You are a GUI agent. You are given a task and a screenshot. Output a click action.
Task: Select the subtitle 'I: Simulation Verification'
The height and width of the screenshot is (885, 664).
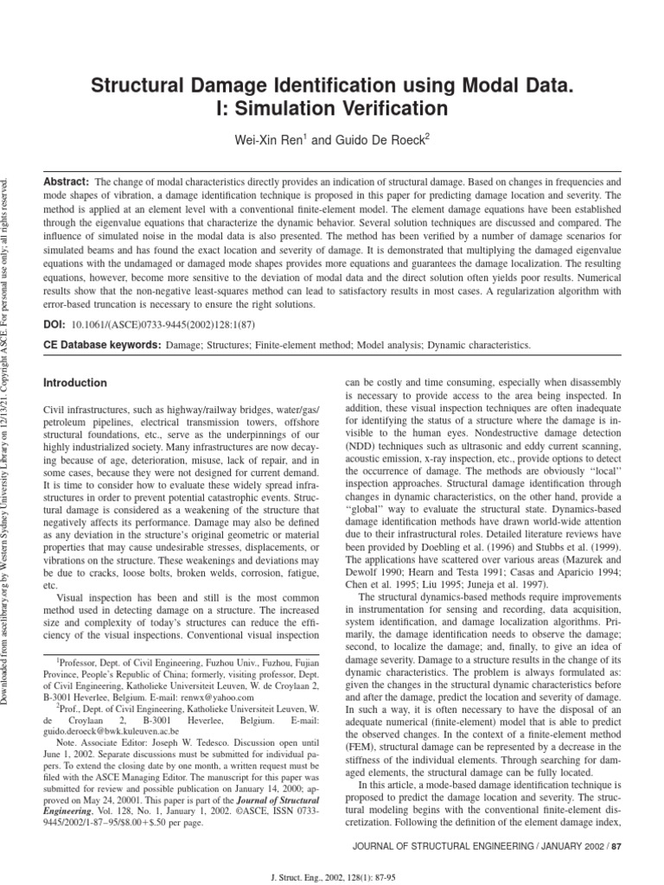coord(332,109)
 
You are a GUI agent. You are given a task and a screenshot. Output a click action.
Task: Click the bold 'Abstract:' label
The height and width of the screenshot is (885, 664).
coord(67,183)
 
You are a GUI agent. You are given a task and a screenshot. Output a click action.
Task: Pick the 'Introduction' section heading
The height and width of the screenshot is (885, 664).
coord(75,383)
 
